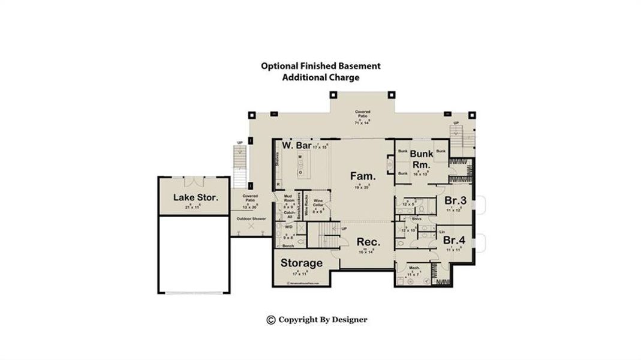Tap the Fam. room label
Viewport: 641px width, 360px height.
(363, 176)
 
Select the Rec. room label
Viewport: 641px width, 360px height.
(368, 242)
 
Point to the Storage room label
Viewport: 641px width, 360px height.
(302, 263)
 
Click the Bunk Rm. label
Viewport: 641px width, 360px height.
(422, 159)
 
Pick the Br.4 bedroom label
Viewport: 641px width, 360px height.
(455, 240)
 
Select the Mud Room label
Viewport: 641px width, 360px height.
(288, 199)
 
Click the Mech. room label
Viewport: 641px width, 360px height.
(414, 268)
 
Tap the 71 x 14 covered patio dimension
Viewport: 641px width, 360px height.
(362, 122)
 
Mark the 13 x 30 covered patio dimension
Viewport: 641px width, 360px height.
(249, 206)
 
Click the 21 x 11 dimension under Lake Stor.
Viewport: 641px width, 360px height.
(191, 206)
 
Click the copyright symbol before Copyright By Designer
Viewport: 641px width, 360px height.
(270, 320)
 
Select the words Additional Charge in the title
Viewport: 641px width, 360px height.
(320, 77)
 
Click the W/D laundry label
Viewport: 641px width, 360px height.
(288, 227)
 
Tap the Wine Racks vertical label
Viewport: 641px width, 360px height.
(306, 206)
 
